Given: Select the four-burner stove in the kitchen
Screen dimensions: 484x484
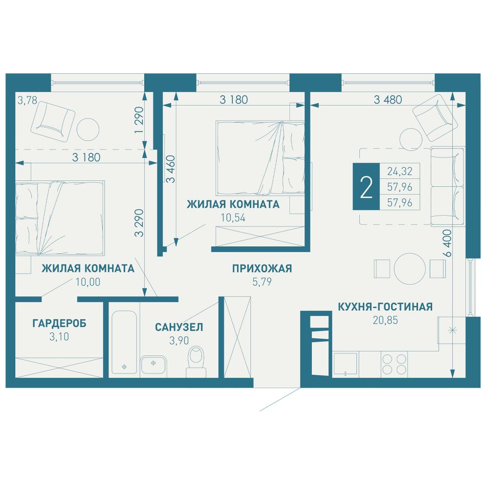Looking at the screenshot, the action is (x=394, y=364).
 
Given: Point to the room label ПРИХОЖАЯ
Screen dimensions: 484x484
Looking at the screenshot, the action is (x=262, y=268).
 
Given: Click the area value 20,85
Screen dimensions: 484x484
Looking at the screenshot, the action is (x=385, y=320).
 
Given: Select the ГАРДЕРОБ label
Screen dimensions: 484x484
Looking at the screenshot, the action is (x=59, y=324).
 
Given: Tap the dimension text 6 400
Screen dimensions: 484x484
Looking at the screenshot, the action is (x=447, y=243).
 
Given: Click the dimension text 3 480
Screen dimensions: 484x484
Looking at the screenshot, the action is (x=388, y=100).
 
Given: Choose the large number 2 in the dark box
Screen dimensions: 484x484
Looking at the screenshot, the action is (x=366, y=187).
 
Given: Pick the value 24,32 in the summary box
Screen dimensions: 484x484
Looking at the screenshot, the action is (x=400, y=171).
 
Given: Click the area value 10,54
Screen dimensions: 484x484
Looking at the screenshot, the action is (x=233, y=218).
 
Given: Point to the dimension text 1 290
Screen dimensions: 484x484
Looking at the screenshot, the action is (x=139, y=120).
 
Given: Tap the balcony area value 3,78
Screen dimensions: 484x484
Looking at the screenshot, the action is (x=27, y=100).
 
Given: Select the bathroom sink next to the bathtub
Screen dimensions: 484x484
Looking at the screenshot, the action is (x=153, y=366).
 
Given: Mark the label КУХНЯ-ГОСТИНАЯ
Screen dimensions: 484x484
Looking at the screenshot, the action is (x=385, y=307).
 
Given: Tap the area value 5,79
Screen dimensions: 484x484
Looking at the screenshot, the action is (x=262, y=282).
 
